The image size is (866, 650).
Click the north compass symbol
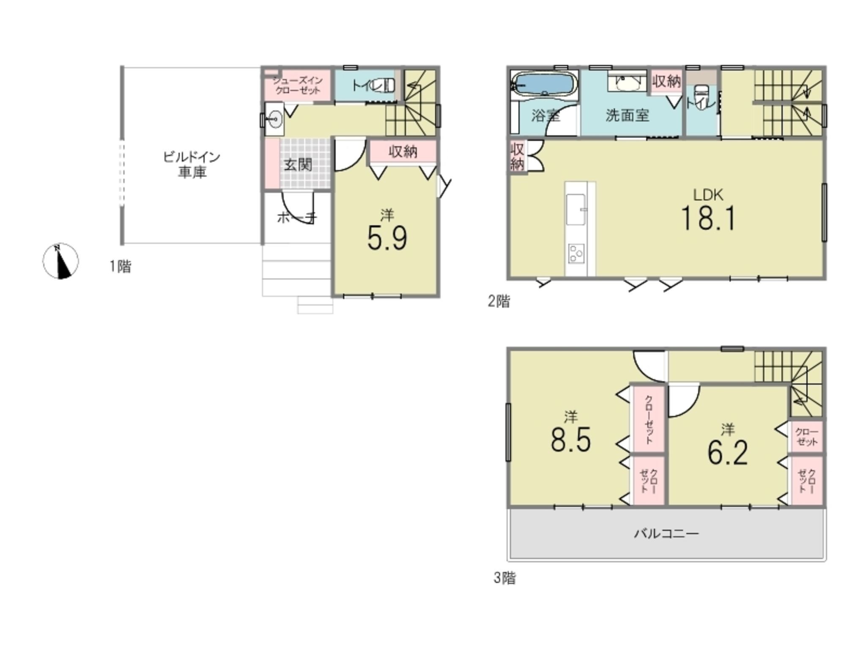[60, 261]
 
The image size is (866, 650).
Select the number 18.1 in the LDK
[708, 218]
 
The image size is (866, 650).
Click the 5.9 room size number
[387, 238]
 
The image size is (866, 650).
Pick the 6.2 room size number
[728, 452]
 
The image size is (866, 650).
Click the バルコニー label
[666, 534]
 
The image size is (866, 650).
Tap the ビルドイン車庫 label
[192, 165]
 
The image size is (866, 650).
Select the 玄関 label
[298, 164]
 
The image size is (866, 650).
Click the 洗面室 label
[627, 115]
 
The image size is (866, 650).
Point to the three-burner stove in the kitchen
[576, 253]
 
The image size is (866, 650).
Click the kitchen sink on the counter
[576, 210]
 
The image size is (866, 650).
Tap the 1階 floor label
[121, 267]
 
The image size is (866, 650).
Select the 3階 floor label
[505, 578]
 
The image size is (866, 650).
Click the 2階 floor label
[499, 301]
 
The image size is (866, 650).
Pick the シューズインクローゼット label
[298, 85]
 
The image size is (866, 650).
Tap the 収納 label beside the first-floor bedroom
[403, 151]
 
